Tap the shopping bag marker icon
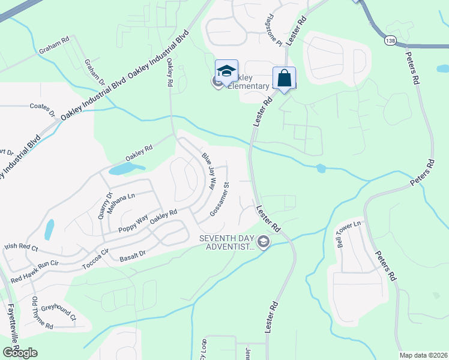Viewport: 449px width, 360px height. pyautogui.click(x=284, y=78)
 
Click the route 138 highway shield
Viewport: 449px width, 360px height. pyautogui.click(x=390, y=40)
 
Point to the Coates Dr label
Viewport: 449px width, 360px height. pyautogui.click(x=42, y=109)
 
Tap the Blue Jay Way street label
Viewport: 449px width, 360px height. pyautogui.click(x=208, y=171)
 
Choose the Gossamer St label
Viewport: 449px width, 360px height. pyautogui.click(x=220, y=200)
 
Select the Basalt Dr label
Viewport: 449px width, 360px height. pyautogui.click(x=133, y=254)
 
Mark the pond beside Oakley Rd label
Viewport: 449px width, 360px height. pyautogui.click(x=127, y=169)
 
